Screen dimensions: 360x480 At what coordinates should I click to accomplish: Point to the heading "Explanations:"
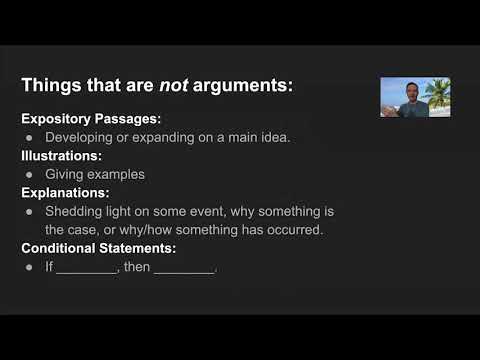tap(65, 192)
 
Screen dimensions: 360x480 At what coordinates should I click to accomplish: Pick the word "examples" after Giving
tap(122, 174)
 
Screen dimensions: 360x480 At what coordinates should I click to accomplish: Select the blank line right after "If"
tap(87, 268)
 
